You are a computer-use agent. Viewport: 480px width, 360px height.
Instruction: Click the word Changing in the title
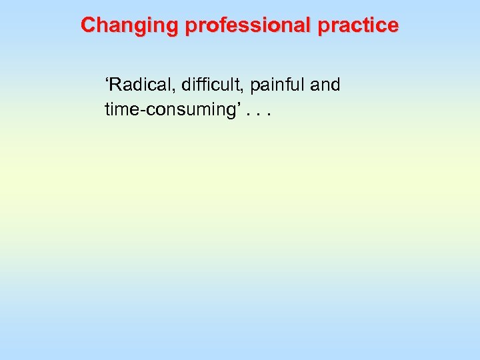[130, 25]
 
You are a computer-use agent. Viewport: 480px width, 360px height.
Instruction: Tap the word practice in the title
[359, 25]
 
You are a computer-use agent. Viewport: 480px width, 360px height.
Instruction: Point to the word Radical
[143, 85]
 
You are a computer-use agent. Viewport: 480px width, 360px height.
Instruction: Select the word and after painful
[325, 85]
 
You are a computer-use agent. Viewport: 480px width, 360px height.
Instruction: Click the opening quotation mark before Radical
[107, 81]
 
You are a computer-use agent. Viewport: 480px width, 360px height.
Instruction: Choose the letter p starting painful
[255, 87]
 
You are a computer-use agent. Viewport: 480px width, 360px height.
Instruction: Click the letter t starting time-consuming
[107, 109]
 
